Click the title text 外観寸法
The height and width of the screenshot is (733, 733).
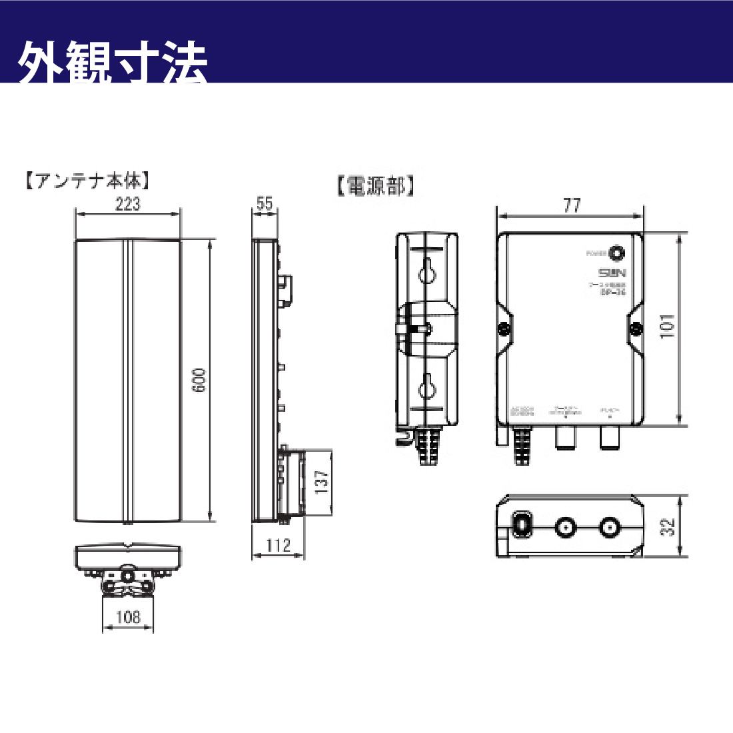click(113, 63)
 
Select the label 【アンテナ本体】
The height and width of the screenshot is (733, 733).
click(87, 181)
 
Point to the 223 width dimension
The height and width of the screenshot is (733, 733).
click(127, 204)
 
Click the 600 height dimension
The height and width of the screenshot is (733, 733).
click(199, 380)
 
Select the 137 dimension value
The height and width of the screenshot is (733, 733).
click(322, 481)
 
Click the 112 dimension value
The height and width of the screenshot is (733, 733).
click(278, 546)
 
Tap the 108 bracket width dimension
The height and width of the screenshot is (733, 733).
click(128, 617)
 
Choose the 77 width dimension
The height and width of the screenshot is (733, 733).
click(572, 205)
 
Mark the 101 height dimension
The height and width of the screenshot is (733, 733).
click(668, 327)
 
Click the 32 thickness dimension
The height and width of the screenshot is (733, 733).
click(668, 526)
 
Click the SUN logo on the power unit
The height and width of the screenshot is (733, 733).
click(612, 273)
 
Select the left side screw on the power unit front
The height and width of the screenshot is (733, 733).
click(504, 328)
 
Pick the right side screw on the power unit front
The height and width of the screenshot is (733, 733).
click(636, 328)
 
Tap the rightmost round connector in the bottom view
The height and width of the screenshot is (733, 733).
click(608, 528)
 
